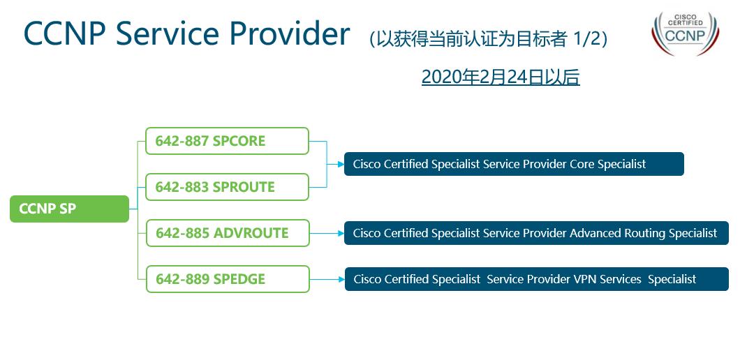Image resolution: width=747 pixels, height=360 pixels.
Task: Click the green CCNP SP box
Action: (x=69, y=209)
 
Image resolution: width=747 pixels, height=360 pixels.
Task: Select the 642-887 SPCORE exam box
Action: (x=227, y=141)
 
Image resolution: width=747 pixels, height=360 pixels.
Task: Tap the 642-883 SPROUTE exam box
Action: (x=227, y=187)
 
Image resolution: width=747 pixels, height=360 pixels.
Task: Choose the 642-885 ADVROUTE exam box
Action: (x=227, y=233)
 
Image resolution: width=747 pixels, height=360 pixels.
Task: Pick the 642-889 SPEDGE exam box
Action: (x=227, y=279)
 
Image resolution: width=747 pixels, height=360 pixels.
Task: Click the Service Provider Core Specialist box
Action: (x=514, y=164)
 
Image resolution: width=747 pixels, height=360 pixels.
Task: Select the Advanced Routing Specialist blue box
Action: (x=535, y=233)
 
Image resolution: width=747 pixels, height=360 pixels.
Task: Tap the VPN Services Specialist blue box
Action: (x=536, y=279)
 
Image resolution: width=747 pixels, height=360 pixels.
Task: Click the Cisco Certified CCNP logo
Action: (x=684, y=33)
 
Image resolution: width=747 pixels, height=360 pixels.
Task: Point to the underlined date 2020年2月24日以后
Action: (x=501, y=77)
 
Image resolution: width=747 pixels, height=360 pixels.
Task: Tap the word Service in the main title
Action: (x=164, y=33)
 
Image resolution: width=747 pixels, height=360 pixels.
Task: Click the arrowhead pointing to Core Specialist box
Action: (x=340, y=165)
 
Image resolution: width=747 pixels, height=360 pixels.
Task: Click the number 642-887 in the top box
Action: (x=182, y=141)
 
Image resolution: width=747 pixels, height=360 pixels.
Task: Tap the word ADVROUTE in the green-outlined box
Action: (x=251, y=233)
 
